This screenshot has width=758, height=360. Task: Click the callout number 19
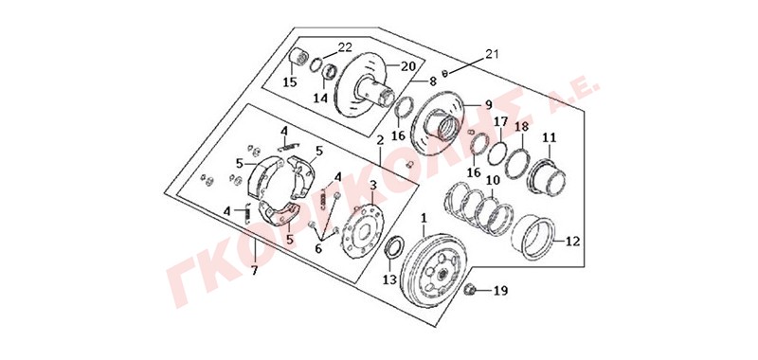501,291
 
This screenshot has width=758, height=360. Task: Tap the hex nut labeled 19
468,290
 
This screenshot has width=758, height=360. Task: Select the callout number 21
491,53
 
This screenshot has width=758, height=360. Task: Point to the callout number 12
572,242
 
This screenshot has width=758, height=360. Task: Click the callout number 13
390,279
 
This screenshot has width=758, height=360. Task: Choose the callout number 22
345,46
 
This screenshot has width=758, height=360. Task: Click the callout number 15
290,82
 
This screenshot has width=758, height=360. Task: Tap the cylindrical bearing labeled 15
299,59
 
